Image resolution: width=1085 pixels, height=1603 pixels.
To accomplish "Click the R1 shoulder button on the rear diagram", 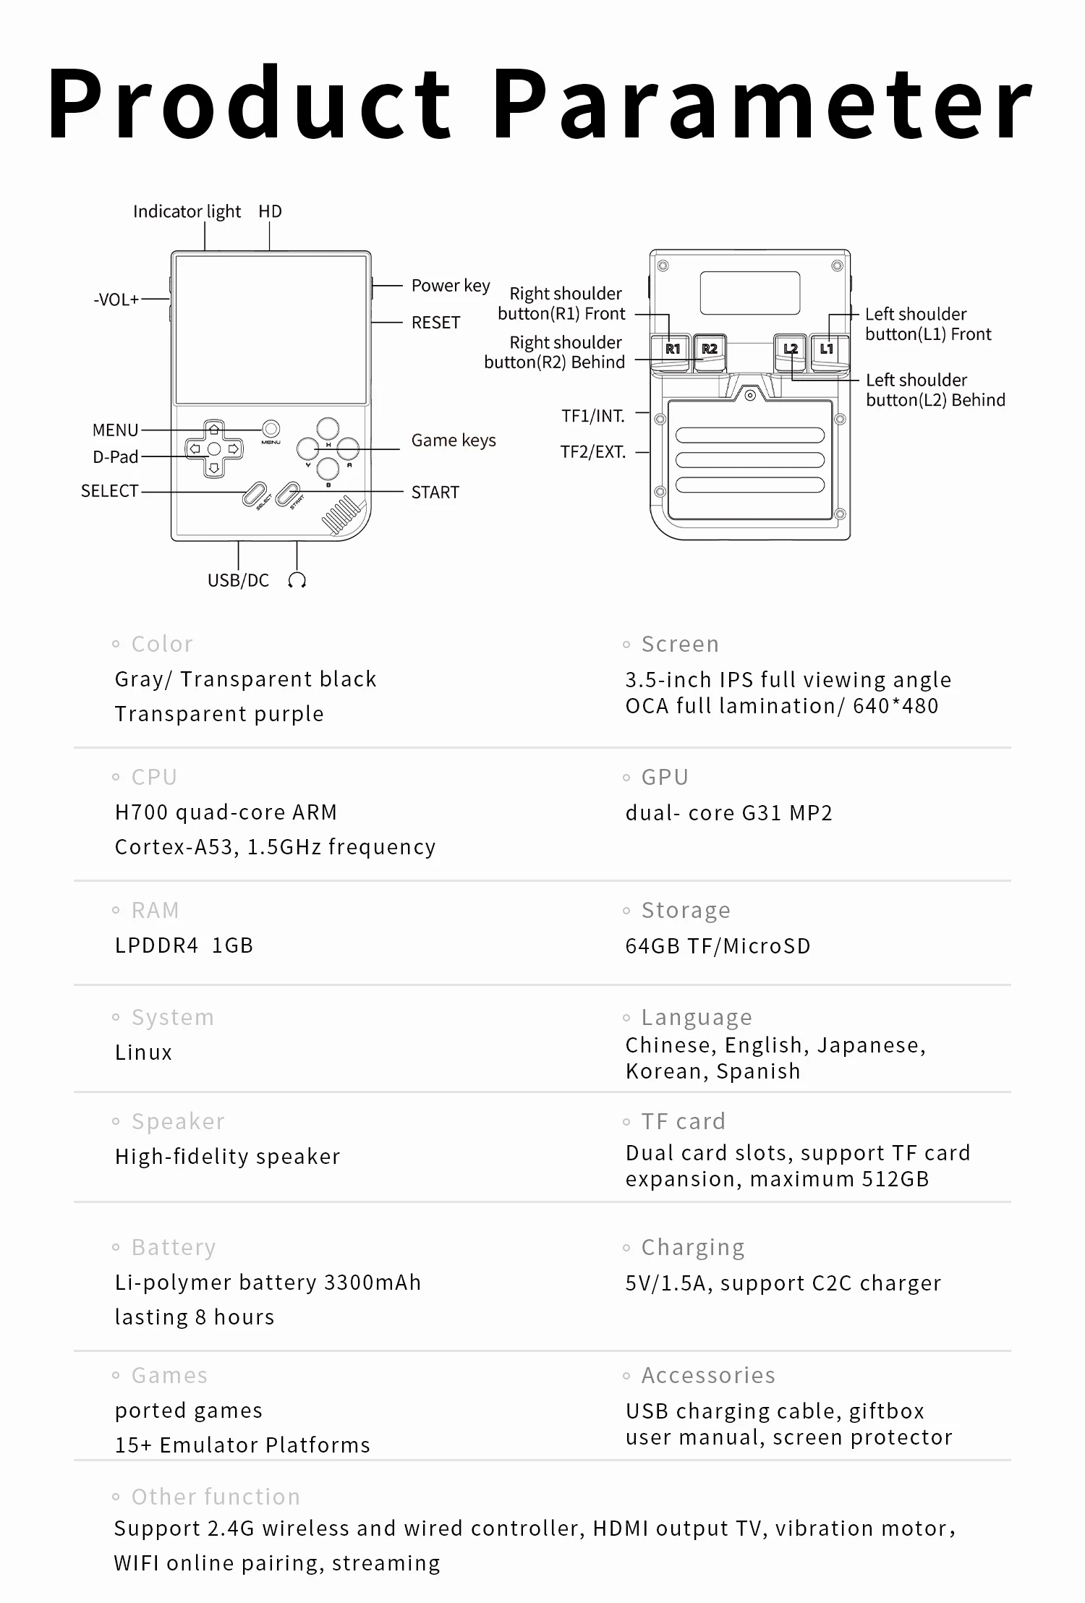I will tap(672, 349).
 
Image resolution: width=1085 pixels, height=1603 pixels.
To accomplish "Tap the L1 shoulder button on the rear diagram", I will tap(827, 349).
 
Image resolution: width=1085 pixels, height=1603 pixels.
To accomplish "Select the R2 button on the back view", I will tap(710, 349).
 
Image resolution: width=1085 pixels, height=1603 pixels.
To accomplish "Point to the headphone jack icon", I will tap(297, 580).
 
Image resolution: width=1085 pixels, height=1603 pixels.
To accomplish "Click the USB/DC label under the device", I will tap(238, 580).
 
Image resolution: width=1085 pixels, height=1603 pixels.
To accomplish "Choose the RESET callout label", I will tap(435, 323).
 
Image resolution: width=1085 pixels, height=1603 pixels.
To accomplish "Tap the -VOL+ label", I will tap(116, 299).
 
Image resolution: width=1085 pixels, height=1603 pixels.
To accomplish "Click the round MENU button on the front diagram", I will tap(271, 428).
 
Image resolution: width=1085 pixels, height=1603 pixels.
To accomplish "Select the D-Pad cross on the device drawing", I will tap(214, 449).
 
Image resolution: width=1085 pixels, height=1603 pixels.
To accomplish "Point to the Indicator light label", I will tap(187, 211).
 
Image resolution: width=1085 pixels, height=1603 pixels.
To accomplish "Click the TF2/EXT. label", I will tap(592, 452).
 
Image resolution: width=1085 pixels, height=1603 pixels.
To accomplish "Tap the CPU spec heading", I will tap(154, 777).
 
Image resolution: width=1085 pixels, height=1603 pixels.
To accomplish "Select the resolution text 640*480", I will tap(895, 706).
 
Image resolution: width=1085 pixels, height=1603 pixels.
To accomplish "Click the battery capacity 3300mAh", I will tap(373, 1283).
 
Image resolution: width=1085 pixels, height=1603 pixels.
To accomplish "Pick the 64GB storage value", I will tap(652, 946).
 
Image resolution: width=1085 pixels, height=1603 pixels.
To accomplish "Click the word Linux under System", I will tap(143, 1053).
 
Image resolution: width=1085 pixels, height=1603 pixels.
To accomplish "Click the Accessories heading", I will tap(708, 1375).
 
